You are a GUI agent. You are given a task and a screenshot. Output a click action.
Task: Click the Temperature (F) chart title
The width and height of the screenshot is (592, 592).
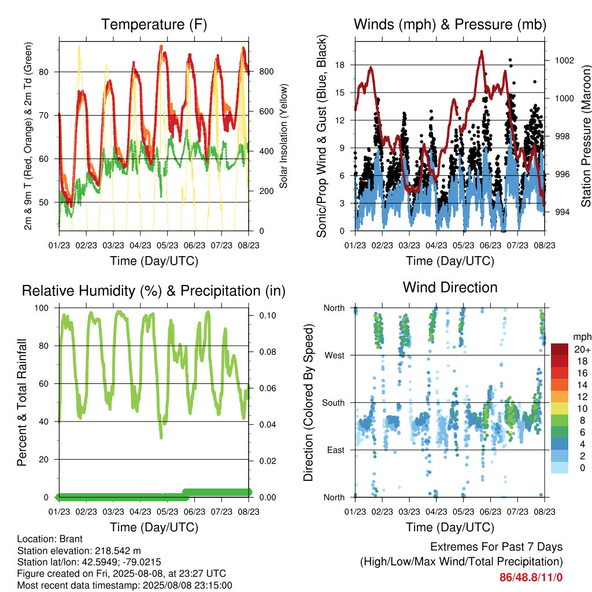click(154, 24)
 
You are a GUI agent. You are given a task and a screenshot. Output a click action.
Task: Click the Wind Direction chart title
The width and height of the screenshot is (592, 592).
click(450, 287)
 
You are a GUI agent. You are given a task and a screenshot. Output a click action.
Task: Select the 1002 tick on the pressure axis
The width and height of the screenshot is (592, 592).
click(564, 60)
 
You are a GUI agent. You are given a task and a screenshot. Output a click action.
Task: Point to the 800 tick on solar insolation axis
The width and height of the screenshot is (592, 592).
click(266, 71)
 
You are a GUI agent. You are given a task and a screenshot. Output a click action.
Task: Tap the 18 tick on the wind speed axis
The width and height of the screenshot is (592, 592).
click(340, 65)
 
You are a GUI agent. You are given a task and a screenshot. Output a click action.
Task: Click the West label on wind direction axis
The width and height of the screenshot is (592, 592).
click(335, 356)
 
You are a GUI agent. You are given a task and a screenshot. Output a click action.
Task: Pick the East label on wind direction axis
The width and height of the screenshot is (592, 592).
click(336, 450)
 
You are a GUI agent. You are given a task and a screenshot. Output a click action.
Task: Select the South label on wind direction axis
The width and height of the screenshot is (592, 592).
click(334, 403)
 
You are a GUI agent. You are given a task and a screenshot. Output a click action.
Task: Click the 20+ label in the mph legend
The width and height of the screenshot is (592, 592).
click(582, 349)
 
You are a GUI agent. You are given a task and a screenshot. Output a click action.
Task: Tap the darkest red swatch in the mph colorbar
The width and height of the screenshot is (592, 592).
click(560, 349)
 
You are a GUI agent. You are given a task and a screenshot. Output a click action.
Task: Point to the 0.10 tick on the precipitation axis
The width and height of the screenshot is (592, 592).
click(268, 316)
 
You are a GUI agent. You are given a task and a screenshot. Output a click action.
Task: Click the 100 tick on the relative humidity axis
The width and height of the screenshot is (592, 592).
click(42, 308)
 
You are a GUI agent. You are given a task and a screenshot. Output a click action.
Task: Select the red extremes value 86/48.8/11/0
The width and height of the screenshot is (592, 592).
click(531, 578)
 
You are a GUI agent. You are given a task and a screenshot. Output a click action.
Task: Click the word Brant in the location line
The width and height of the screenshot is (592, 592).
click(71, 539)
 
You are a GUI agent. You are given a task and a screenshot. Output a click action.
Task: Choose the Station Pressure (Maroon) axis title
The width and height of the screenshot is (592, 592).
click(586, 136)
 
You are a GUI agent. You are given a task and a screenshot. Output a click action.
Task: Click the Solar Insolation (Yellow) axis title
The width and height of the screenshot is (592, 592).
click(283, 136)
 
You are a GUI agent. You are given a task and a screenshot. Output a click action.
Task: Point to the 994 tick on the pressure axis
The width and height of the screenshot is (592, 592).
click(562, 212)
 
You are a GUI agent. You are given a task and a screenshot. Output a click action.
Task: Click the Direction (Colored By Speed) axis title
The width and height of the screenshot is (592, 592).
click(309, 402)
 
